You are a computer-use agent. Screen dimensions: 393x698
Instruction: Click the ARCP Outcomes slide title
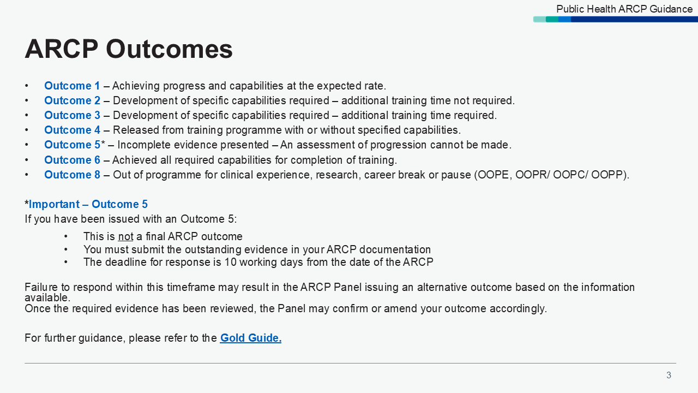[129, 49]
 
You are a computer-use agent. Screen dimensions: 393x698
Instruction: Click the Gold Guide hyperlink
[250, 338]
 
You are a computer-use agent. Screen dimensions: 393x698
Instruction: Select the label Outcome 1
[72, 86]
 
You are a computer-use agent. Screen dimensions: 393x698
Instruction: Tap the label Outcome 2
[72, 100]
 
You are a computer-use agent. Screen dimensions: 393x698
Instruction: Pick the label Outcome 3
[72, 115]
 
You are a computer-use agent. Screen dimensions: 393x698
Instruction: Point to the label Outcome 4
[72, 130]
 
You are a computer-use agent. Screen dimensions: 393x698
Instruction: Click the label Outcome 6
[72, 160]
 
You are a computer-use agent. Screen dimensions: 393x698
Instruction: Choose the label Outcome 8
[72, 175]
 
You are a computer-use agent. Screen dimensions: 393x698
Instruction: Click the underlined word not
[125, 236]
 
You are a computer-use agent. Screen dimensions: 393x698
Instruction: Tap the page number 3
[669, 375]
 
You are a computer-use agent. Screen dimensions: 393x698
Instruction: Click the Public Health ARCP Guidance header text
[624, 9]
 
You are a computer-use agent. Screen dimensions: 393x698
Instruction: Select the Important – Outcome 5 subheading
[88, 204]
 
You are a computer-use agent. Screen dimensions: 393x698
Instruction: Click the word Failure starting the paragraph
[43, 287]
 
